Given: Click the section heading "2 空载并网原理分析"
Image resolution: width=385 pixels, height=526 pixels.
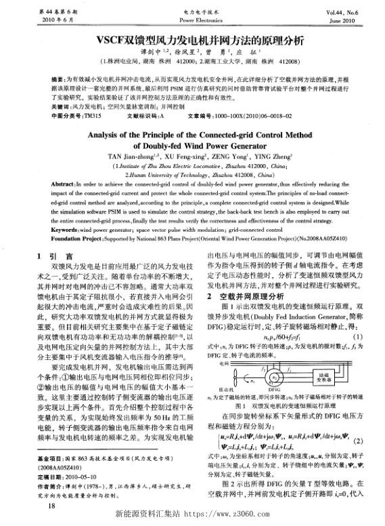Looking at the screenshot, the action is click(x=248, y=296).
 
